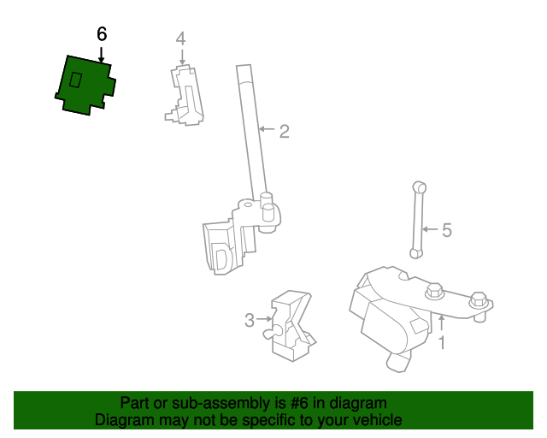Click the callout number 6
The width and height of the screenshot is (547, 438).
pos(102,34)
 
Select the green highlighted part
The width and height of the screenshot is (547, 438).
pos(85,86)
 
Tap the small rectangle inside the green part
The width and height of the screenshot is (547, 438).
pos(76,80)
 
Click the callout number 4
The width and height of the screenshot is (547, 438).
pos(180,38)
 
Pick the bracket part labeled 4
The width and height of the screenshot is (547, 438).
pos(185,95)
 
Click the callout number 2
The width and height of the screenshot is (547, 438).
pos(285,132)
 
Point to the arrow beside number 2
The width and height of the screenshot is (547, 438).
pos(267,129)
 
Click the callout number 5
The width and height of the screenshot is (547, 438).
pos(447,230)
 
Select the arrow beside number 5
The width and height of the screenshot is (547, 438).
pos(430,229)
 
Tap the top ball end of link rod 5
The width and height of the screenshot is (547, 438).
pos(419,187)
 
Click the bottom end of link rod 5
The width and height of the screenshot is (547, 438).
pos(415,253)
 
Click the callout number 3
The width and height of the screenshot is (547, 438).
pos(250,320)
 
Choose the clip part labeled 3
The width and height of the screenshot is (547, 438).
pos(290,326)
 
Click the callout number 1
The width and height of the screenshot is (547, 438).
pos(442,343)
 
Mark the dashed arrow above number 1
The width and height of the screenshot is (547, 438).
pos(442,323)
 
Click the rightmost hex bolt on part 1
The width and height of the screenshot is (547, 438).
pos(479,301)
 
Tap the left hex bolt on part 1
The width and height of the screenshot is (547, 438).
pos(434,291)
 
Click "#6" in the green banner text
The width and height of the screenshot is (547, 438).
pos(299,403)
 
